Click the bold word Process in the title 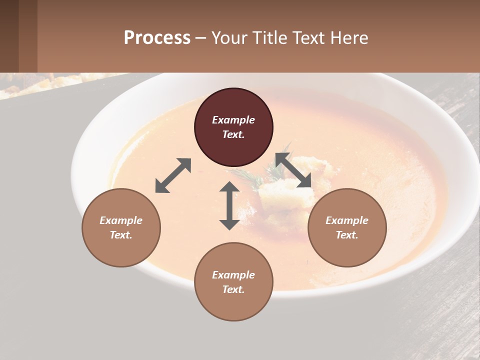click(x=157, y=38)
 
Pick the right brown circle click(x=347, y=245)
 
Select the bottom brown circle click(x=233, y=300)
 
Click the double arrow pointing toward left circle click(x=173, y=175)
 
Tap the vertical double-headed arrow click(x=229, y=205)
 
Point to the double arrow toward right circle click(x=293, y=170)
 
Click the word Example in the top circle click(x=233, y=120)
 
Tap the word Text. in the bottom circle click(x=233, y=289)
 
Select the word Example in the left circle click(x=121, y=220)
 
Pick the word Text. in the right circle click(x=347, y=235)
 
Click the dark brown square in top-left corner click(x=9, y=36)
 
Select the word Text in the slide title click(x=309, y=38)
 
